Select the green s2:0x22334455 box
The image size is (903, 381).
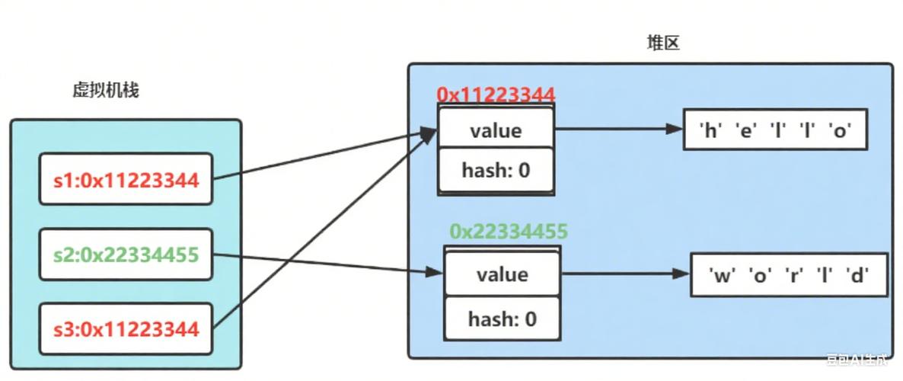126,254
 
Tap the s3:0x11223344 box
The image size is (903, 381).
126,328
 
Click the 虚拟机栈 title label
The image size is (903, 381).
105,91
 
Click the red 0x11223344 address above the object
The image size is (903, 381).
496,94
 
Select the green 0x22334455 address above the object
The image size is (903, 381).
508,232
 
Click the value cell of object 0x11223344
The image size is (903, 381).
496,130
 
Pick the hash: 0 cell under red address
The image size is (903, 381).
496,170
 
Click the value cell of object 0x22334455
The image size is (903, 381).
502,274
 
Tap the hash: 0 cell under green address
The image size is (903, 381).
502,318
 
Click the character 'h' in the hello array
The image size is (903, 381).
711,131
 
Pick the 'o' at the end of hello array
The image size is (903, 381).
840,131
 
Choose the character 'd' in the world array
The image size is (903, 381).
857,275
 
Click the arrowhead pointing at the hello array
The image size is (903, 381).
673,130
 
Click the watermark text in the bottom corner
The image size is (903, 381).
860,358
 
